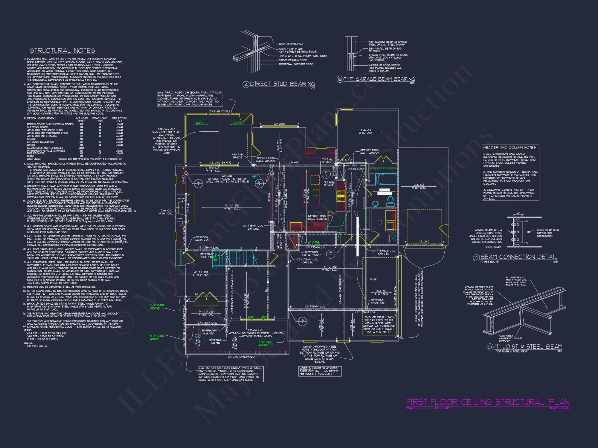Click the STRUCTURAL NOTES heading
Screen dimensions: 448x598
tap(62, 50)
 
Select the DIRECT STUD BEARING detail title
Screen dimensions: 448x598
tap(282, 84)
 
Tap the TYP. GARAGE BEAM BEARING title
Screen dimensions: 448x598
tap(379, 79)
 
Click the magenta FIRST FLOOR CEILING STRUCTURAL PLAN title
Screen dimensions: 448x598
tap(488, 402)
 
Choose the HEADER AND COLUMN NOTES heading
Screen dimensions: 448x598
tap(509, 148)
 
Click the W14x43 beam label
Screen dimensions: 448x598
tap(294, 163)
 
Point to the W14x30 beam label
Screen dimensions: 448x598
tap(227, 176)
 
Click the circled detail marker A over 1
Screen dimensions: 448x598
tap(303, 321)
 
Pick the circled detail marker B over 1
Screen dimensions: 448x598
tap(330, 254)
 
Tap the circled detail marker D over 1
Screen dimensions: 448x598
tap(326, 174)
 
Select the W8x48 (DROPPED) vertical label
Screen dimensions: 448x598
tap(340, 289)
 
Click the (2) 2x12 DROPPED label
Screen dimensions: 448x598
tap(241, 357)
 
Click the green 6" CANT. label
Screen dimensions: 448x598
tap(314, 243)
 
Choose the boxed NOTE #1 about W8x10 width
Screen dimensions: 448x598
tap(319, 371)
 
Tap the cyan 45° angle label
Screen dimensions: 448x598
tap(254, 177)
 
